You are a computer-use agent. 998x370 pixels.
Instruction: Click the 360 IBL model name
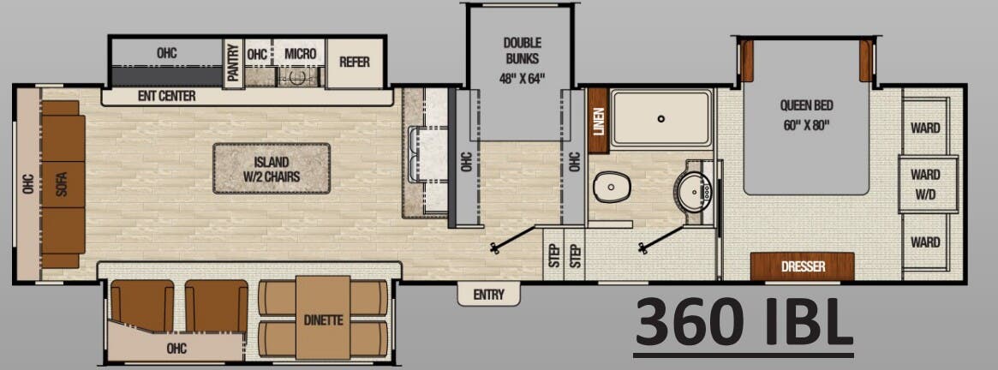(744, 321)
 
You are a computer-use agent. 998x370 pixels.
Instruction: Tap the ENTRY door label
(488, 295)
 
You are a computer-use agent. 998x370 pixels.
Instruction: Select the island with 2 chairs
(272, 168)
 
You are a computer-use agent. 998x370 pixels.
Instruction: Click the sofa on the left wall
(63, 184)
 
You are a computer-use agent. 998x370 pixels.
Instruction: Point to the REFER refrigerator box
(355, 62)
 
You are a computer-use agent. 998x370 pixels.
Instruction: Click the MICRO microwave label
(300, 54)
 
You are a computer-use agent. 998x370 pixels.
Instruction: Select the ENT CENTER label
(166, 96)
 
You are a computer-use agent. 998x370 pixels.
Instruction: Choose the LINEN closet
(598, 121)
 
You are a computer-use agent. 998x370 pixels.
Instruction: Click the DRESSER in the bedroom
(803, 266)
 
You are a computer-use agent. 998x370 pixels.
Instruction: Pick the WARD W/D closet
(925, 184)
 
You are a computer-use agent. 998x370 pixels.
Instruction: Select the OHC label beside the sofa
(28, 184)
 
